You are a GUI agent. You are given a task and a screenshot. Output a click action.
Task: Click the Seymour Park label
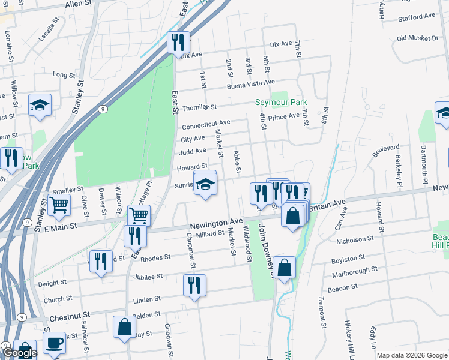click(x=280, y=103)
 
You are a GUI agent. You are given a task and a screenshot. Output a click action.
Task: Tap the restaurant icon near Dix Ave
click(x=178, y=42)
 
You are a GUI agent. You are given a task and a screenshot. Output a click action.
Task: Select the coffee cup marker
click(x=54, y=343)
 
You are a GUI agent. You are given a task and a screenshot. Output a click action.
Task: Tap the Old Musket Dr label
click(x=418, y=38)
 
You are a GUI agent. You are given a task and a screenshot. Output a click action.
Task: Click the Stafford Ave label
click(x=417, y=17)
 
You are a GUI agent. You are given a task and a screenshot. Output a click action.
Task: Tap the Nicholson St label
click(x=355, y=240)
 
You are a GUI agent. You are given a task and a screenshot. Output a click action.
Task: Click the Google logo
click(x=20, y=353)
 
